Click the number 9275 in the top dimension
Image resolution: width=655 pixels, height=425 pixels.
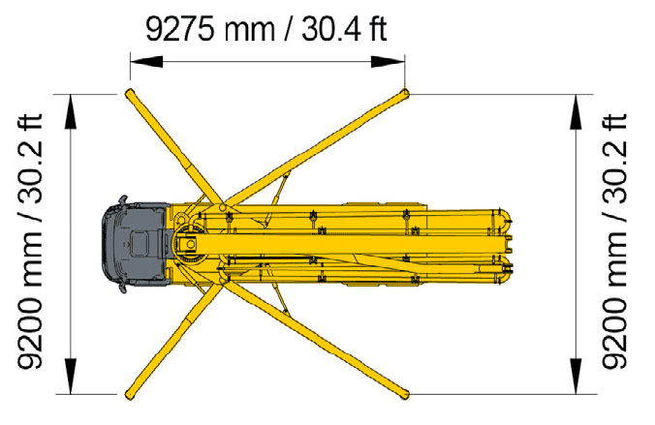pyautogui.click(x=179, y=29)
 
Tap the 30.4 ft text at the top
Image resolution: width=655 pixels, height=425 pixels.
pyautogui.click(x=344, y=29)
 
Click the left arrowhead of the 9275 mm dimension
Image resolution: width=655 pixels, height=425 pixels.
pyautogui.click(x=146, y=62)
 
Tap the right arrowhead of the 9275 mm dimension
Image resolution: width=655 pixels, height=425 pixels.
pyautogui.click(x=389, y=62)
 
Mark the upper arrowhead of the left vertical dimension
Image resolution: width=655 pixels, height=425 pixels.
pyautogui.click(x=71, y=111)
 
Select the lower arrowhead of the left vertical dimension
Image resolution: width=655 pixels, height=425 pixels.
pyautogui.click(x=71, y=377)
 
